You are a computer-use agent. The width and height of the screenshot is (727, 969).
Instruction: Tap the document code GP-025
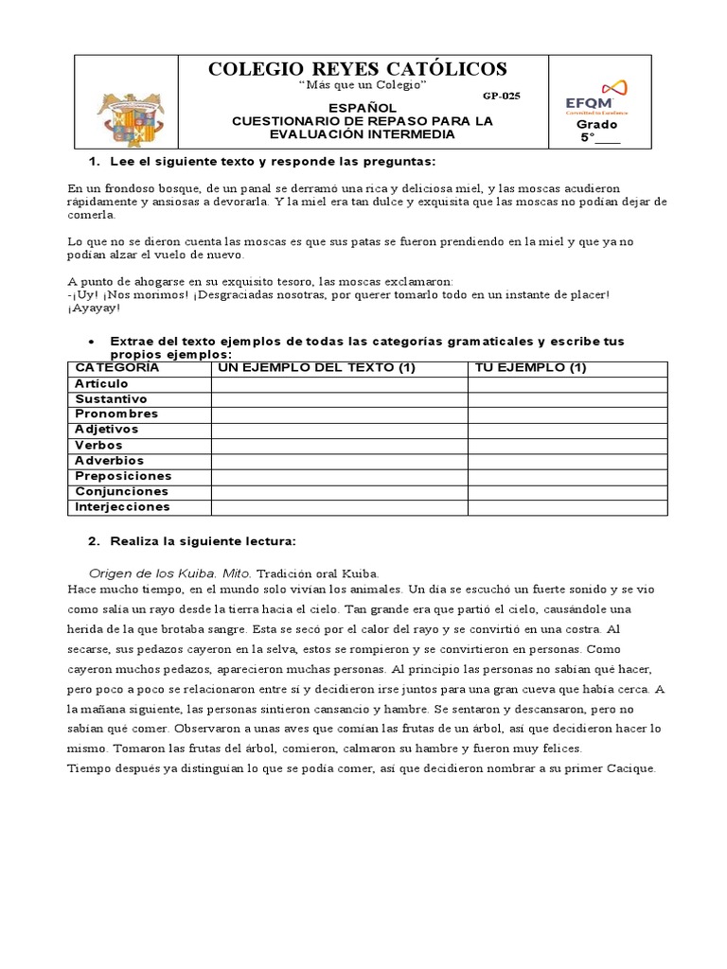(x=501, y=96)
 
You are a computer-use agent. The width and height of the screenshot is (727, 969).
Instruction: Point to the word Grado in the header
(x=597, y=125)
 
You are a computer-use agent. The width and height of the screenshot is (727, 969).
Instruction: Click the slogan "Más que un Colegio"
(x=363, y=86)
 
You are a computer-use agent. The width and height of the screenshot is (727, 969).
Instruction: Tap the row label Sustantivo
(x=111, y=399)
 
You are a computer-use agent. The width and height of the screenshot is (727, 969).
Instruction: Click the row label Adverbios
(x=110, y=461)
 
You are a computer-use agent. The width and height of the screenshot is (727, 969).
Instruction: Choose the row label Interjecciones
(x=123, y=507)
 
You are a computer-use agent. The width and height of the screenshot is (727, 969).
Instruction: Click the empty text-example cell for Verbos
(x=339, y=446)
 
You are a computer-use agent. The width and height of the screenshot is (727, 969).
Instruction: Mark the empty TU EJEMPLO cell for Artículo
(x=567, y=384)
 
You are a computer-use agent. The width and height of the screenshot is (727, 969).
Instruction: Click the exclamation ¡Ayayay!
(x=95, y=308)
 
